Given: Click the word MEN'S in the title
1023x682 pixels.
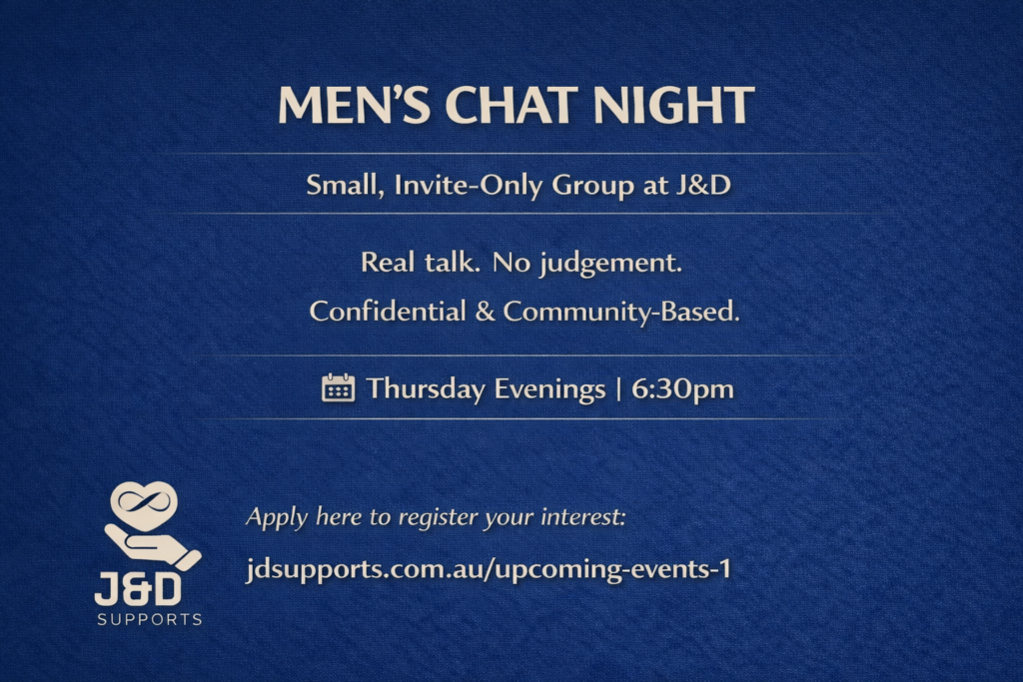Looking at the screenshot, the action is point(355,105).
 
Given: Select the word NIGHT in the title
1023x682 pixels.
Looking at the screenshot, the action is point(674,105).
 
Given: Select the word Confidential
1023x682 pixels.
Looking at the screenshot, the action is point(388,311).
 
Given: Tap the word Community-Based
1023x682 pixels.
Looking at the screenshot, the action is point(621,311).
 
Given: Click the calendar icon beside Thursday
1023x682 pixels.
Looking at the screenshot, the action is point(338,388).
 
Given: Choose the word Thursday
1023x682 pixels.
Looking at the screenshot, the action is point(426,389).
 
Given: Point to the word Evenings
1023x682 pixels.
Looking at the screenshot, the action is point(550,389).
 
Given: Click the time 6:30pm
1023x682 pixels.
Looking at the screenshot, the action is point(682,389).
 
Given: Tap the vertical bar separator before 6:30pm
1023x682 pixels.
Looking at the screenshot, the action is point(619,389).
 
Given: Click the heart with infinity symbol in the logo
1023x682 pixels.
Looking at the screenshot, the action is point(144,504).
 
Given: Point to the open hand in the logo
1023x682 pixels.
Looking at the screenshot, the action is point(153,546).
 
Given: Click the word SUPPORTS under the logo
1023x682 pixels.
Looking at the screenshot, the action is point(150,619).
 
